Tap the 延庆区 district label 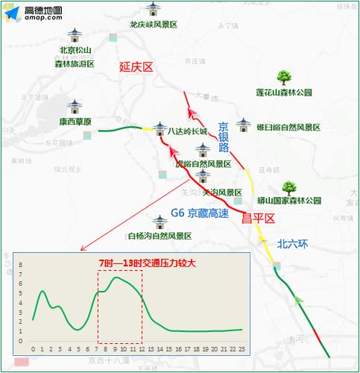coord(136,67)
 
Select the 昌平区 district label coord(259,218)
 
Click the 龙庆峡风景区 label coord(153,25)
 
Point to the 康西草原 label coord(75,122)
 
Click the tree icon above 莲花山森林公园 coord(283,77)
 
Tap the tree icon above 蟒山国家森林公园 coord(288,188)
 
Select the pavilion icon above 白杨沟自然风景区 coord(160,222)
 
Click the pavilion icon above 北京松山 coord(75,37)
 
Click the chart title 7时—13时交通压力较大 coord(147,263)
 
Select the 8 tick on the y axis coord(21,266)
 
